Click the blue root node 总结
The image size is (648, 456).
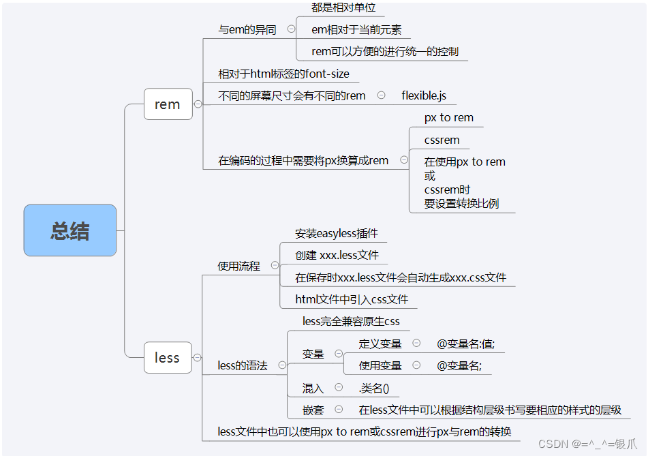point(70,230)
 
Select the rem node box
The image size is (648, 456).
point(168,104)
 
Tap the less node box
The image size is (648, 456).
point(168,358)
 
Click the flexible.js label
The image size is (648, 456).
point(424,95)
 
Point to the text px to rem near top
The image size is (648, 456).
point(448,117)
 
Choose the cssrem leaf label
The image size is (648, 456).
point(442,140)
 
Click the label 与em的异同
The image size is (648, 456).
point(247,29)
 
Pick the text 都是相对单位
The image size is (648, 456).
point(343,7)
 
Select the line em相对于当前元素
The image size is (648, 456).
point(356,29)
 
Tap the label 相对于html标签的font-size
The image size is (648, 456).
point(283,74)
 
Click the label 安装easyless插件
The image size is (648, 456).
point(337,233)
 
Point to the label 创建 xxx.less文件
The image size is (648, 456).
point(337,255)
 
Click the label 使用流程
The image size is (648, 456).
point(238,266)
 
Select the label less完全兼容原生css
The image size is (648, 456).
point(351,320)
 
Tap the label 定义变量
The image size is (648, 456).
point(380,344)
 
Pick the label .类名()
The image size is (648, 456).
point(374,388)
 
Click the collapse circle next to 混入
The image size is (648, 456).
point(339,387)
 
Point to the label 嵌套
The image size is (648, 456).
point(313,410)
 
